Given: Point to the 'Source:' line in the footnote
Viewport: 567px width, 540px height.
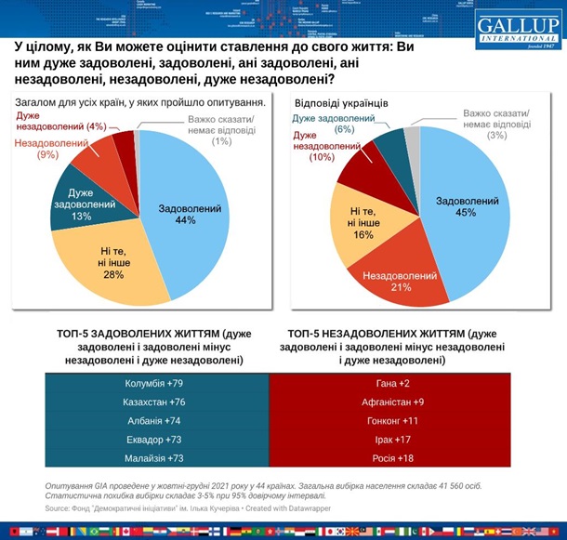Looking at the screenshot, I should [186, 507].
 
